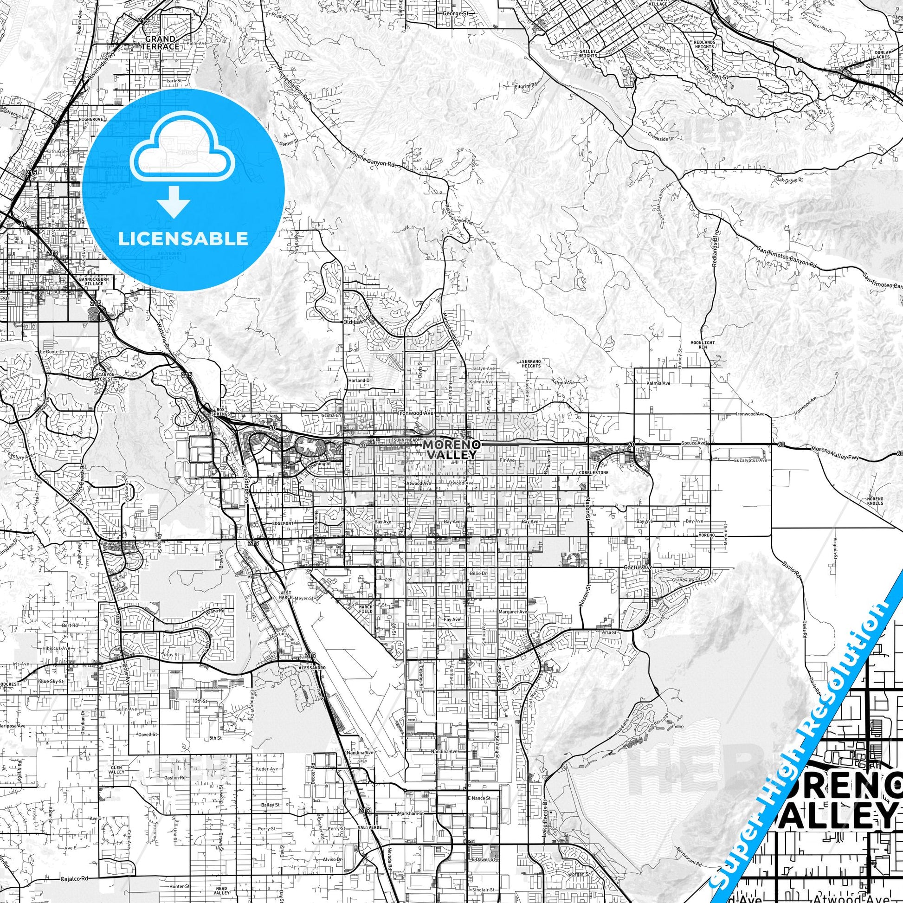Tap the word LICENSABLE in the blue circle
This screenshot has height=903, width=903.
pyautogui.click(x=183, y=239)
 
